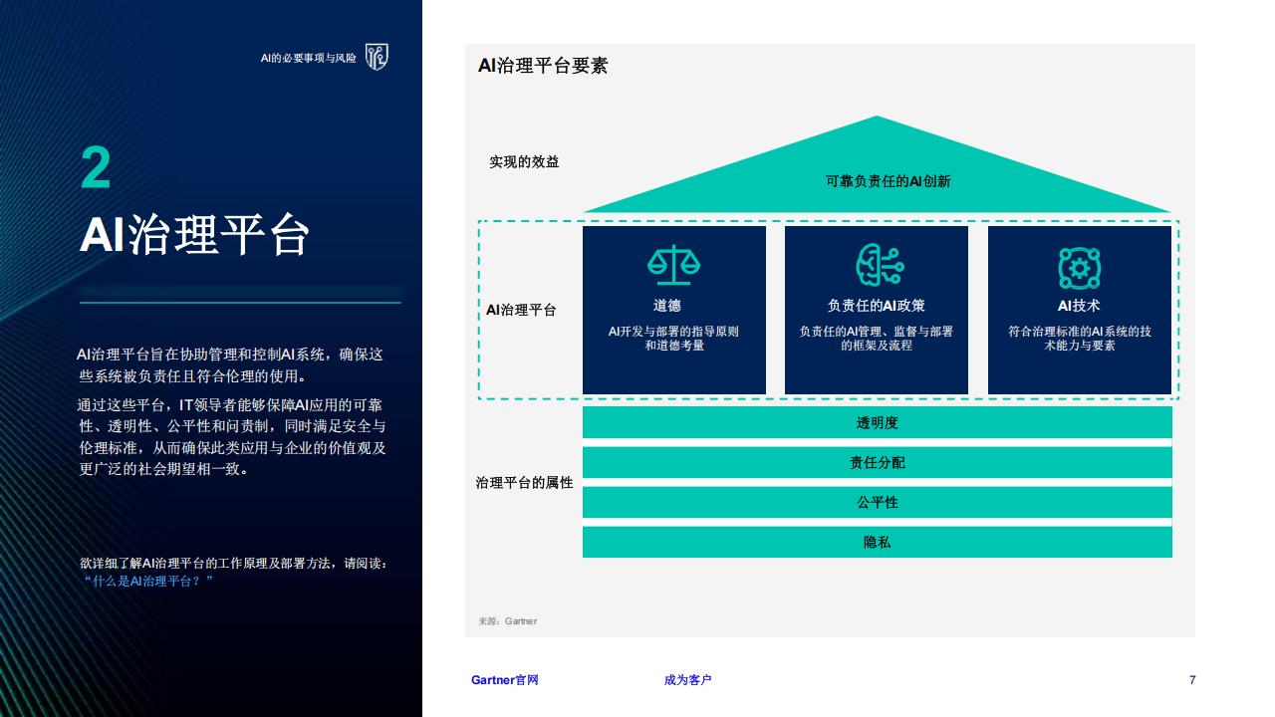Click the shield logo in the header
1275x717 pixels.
click(x=377, y=57)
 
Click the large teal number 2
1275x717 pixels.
click(x=96, y=167)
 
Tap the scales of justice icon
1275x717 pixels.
click(x=674, y=265)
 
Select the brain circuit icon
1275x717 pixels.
click(x=880, y=265)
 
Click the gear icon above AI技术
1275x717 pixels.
click(x=1079, y=268)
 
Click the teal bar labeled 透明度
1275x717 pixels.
click(x=878, y=422)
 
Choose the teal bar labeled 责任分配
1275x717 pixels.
click(x=878, y=462)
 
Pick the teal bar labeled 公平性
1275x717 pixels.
click(x=878, y=502)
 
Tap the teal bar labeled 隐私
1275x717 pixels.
click(x=878, y=542)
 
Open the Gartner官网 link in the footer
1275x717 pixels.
click(x=504, y=679)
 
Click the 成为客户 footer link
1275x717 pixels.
click(x=687, y=679)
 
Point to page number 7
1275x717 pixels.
click(x=1192, y=679)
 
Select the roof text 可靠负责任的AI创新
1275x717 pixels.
click(x=888, y=181)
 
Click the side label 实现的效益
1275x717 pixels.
click(x=524, y=162)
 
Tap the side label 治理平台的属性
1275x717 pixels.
click(x=524, y=483)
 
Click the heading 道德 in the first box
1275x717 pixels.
click(x=667, y=306)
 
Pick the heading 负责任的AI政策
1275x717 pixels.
click(x=876, y=306)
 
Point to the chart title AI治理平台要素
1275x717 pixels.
click(x=543, y=66)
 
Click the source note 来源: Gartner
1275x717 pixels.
click(x=507, y=620)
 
